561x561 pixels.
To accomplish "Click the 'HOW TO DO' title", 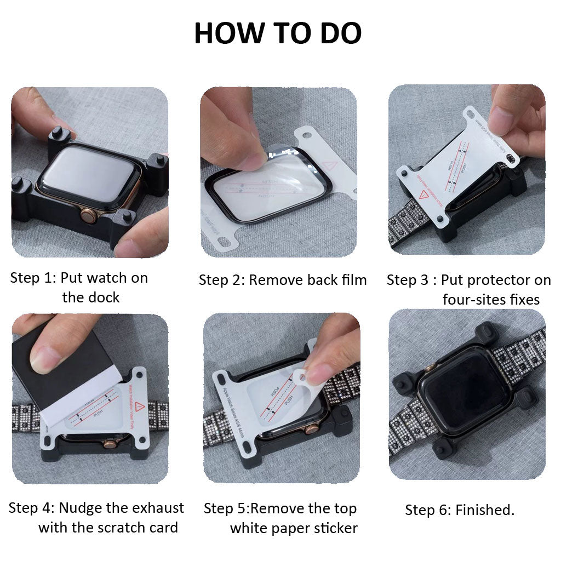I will pyautogui.click(x=278, y=33).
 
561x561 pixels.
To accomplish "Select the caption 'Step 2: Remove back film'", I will pyautogui.click(x=283, y=280).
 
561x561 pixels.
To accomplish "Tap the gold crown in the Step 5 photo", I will pyautogui.click(x=311, y=428).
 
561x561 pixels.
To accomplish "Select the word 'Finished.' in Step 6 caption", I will pyautogui.click(x=485, y=510).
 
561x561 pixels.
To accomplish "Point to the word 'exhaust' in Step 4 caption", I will pyautogui.click(x=156, y=508).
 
